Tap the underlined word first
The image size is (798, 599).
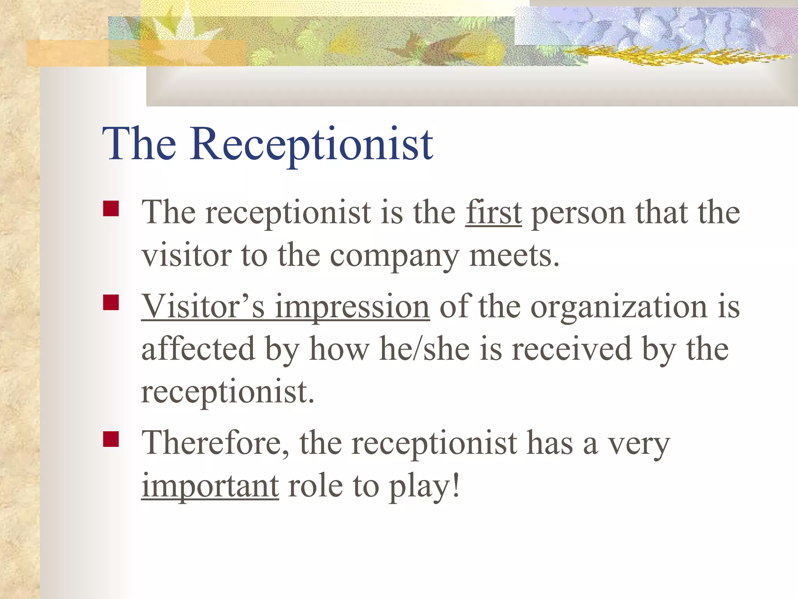[493, 213]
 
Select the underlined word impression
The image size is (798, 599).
[352, 307]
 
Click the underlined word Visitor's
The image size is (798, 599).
[203, 307]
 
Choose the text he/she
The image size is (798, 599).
[424, 349]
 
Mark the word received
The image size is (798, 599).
[571, 349]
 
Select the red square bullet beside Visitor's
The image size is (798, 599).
[111, 302]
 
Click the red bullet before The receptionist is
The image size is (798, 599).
[111, 208]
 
